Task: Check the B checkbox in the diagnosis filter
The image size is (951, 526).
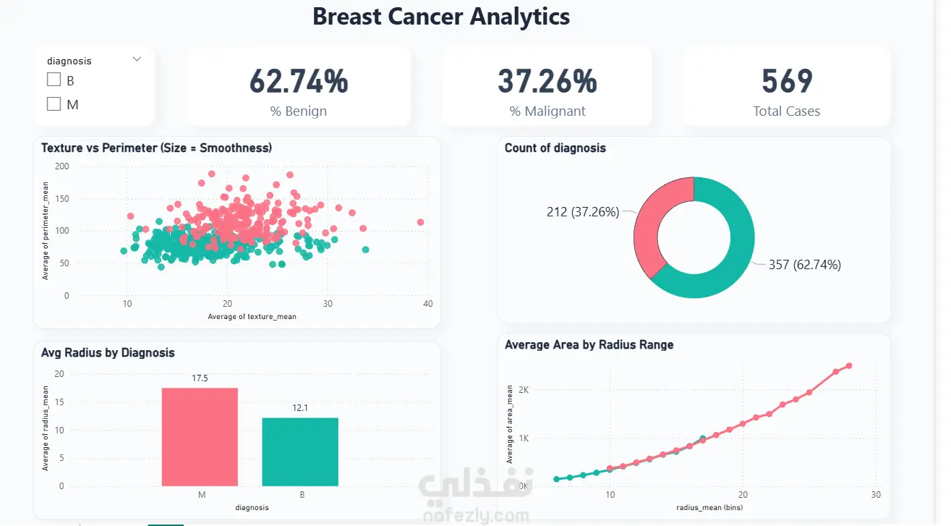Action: (x=54, y=80)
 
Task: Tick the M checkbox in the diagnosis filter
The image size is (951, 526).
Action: (x=54, y=103)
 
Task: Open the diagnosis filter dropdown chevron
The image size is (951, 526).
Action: (x=137, y=59)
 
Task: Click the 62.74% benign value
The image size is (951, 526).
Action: (x=299, y=81)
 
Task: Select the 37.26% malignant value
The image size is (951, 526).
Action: (x=547, y=81)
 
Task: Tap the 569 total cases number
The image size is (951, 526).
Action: (x=787, y=81)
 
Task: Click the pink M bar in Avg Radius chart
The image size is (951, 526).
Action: (x=200, y=437)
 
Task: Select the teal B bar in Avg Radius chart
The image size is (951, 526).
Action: (x=300, y=451)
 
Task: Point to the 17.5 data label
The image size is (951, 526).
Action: (x=200, y=378)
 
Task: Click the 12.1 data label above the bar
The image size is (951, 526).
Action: (x=300, y=408)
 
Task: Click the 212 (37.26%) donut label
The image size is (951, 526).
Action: (x=583, y=212)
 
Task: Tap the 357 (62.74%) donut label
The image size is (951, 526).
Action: (x=804, y=265)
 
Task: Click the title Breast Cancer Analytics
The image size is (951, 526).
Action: (x=441, y=17)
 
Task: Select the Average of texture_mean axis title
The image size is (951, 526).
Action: (x=252, y=316)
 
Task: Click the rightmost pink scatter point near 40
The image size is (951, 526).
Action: (x=420, y=222)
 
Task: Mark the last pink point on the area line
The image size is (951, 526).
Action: (x=849, y=365)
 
